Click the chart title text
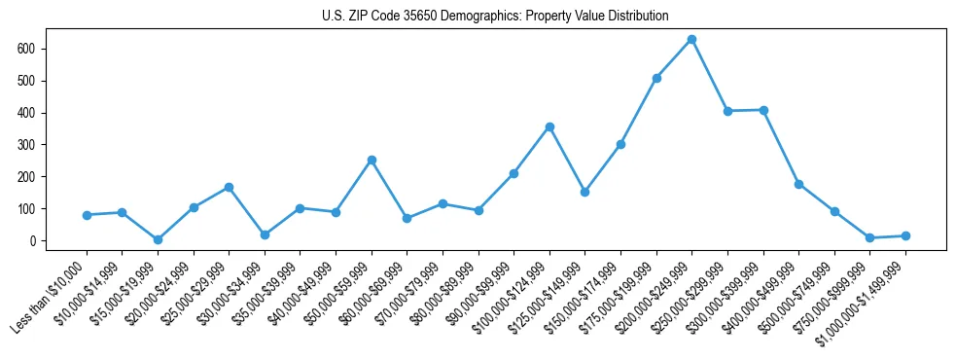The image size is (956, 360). (x=495, y=17)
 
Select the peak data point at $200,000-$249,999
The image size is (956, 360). (x=691, y=40)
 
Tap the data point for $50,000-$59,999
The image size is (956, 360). (x=372, y=160)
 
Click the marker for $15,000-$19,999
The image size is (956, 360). (x=158, y=239)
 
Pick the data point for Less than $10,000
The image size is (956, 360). (x=87, y=215)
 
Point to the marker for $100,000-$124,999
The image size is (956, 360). (x=549, y=126)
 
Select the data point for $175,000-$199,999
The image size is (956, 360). (x=656, y=78)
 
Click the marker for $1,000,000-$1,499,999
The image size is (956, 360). (x=905, y=235)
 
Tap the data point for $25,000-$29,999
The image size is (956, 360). (x=229, y=187)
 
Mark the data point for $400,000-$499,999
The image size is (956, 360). (x=798, y=184)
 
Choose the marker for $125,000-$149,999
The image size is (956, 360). (x=584, y=192)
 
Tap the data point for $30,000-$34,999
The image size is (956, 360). (x=265, y=234)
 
